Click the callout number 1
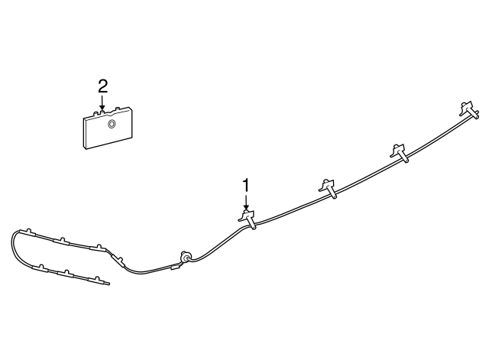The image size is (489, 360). pos(246,185)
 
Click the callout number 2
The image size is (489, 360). pos(102,86)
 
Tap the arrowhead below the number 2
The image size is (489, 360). pos(102,108)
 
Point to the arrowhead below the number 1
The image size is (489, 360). pos(246,206)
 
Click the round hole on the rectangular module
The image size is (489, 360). pos(112,124)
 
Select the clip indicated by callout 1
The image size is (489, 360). pos(248,219)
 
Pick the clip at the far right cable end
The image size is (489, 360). pos(469,110)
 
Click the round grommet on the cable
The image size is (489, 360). pos(184,258)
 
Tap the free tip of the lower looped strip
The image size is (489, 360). pos(108,284)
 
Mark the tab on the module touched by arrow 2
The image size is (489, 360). pos(102,111)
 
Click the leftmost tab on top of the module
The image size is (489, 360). pos(96,113)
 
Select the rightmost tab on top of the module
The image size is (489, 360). pos(118,109)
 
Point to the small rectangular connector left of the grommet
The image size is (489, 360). pos(175,267)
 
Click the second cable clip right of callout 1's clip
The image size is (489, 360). pos(399,153)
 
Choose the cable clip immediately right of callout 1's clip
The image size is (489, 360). pos(328,189)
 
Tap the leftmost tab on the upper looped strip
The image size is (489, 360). pos(29,231)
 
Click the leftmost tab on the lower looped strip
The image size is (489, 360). pos(40,267)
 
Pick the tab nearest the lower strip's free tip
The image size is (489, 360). pos(97,277)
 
